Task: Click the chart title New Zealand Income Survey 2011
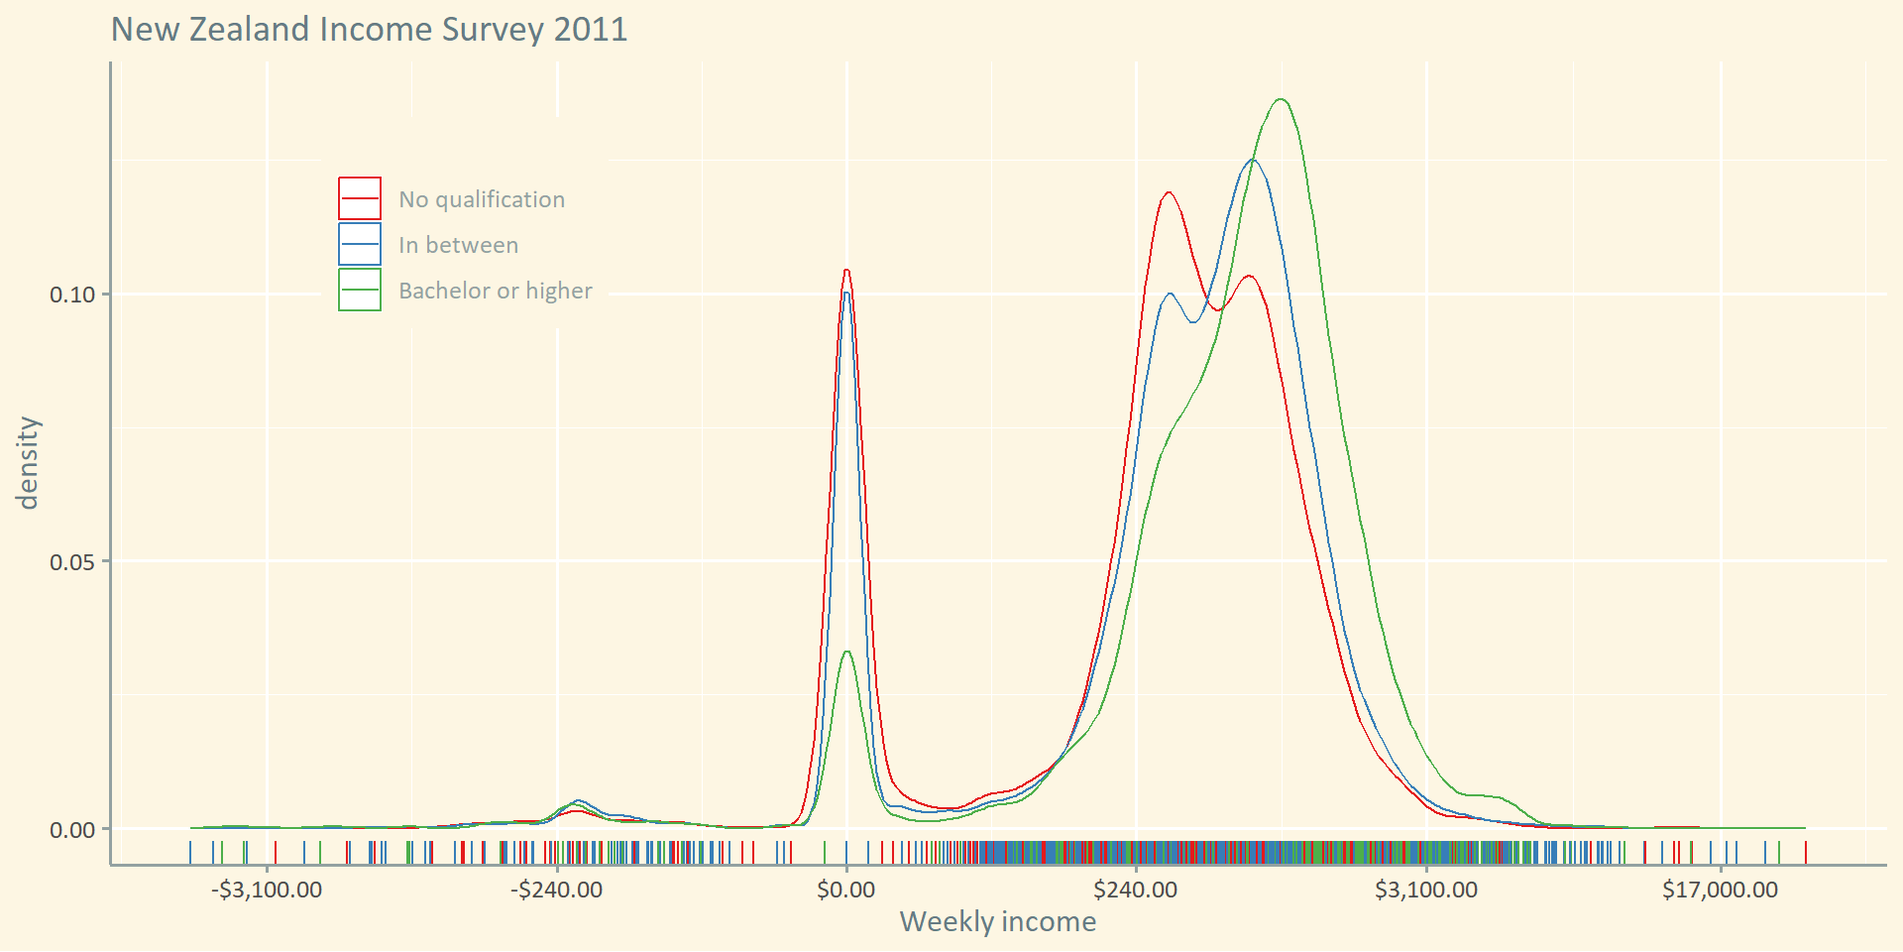point(369,29)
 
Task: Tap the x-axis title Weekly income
point(997,921)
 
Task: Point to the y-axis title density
point(28,462)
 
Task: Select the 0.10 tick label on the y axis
point(72,295)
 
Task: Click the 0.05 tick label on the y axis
point(72,562)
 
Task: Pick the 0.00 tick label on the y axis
point(72,830)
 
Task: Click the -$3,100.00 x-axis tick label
point(267,890)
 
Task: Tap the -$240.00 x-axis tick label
point(557,890)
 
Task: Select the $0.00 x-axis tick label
point(846,890)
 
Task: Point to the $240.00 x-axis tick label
point(1136,890)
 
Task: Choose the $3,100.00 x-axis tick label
point(1426,890)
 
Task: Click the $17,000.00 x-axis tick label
point(1721,890)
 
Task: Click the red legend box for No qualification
point(360,198)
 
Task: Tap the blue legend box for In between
point(360,244)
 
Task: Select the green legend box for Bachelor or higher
point(360,290)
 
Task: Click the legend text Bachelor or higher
point(496,291)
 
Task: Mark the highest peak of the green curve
point(1282,99)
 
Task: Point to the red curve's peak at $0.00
point(846,270)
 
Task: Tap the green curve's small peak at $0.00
point(846,652)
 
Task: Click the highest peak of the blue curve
point(1253,160)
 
